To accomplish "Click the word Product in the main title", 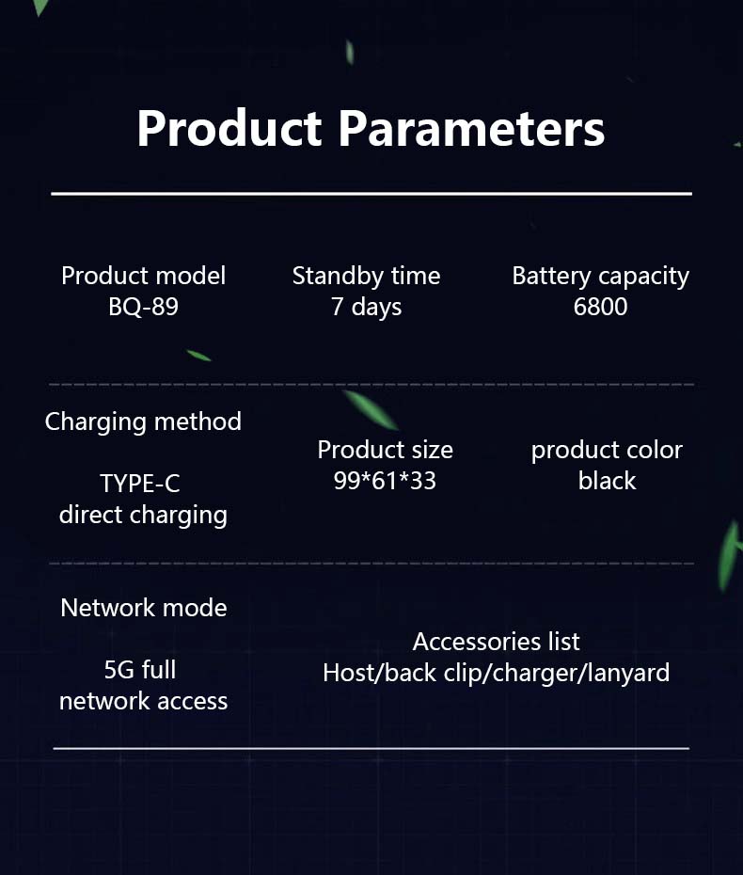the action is pyautogui.click(x=229, y=128).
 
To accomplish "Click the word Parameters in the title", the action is pyautogui.click(x=472, y=128).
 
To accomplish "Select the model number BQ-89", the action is pyautogui.click(x=143, y=307).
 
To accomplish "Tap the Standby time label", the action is pyautogui.click(x=367, y=277).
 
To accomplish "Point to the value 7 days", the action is pyautogui.click(x=367, y=307).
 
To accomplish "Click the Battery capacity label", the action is pyautogui.click(x=601, y=277).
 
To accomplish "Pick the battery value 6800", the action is pyautogui.click(x=601, y=307).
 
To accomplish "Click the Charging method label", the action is pyautogui.click(x=143, y=422).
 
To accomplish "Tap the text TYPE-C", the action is pyautogui.click(x=140, y=484).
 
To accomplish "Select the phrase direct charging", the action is pyautogui.click(x=143, y=515).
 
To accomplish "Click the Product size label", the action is pyautogui.click(x=385, y=450).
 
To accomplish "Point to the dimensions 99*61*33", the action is pyautogui.click(x=385, y=481).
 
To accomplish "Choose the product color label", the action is pyautogui.click(x=607, y=451).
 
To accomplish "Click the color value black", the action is pyautogui.click(x=607, y=481).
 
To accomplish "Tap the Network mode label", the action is pyautogui.click(x=144, y=608).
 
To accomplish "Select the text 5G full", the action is pyautogui.click(x=140, y=670).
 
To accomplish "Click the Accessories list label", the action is pyautogui.click(x=496, y=642).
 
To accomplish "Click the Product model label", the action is pyautogui.click(x=143, y=276).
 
